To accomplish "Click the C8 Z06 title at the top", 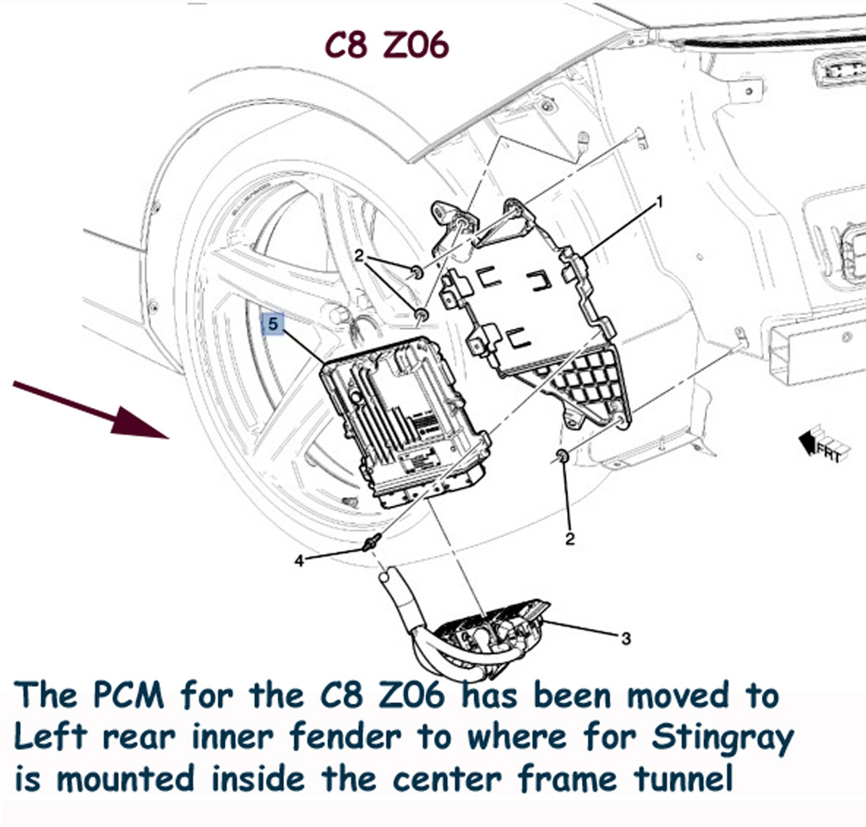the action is click(x=386, y=45).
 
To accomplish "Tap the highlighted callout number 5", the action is click(x=273, y=324).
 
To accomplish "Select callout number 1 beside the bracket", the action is click(x=659, y=202).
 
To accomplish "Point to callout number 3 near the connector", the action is click(x=625, y=639).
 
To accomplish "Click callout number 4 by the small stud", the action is click(x=299, y=561).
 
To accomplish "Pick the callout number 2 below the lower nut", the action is click(x=570, y=538).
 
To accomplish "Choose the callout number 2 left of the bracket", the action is click(x=360, y=256).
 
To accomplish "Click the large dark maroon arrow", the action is click(x=91, y=409).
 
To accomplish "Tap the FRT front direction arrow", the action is click(x=821, y=445).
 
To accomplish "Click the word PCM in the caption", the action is click(x=128, y=695).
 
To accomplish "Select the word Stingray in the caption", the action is click(x=723, y=738).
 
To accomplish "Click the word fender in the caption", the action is click(x=346, y=737).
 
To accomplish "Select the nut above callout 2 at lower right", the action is click(x=561, y=456).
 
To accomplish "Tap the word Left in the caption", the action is click(x=51, y=737).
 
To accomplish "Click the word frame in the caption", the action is click(x=568, y=779).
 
